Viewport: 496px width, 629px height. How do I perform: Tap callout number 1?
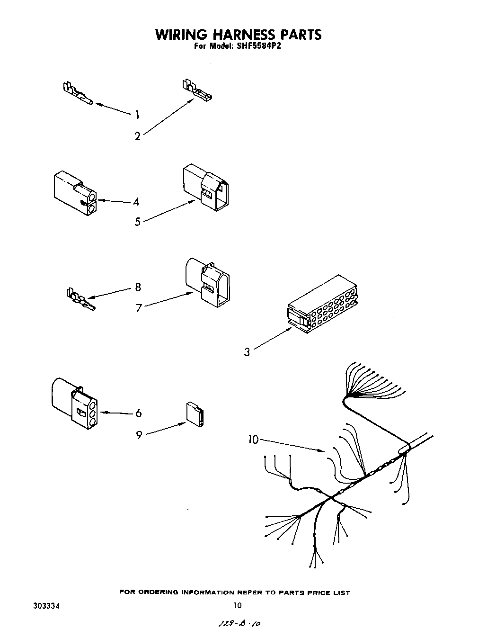point(137,114)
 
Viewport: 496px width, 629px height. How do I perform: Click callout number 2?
point(137,136)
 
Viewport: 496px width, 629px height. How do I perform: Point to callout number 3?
point(247,352)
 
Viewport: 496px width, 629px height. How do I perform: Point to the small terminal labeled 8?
point(80,300)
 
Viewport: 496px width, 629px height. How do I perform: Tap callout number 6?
point(138,413)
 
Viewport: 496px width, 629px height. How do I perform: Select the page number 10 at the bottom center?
point(238,605)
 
